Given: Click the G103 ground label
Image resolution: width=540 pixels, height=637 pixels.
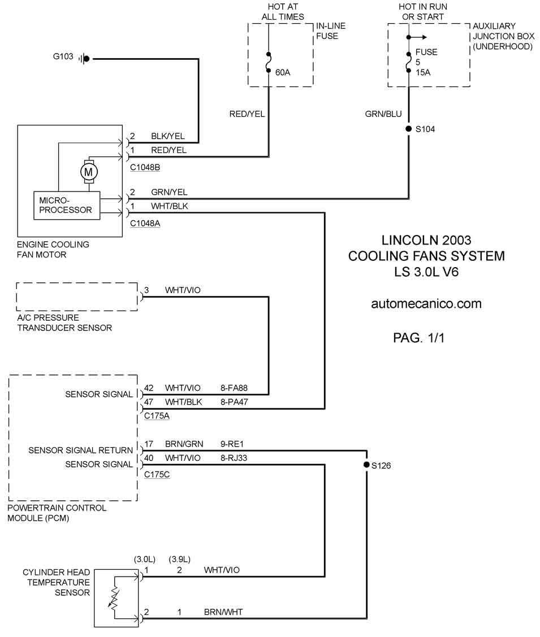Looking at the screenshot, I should [x=63, y=56].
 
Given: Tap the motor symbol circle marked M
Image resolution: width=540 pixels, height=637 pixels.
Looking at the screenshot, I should [x=88, y=171].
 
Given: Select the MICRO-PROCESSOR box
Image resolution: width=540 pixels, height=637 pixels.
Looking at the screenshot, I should [x=66, y=205].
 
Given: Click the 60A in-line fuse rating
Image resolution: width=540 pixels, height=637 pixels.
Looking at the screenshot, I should [x=282, y=72].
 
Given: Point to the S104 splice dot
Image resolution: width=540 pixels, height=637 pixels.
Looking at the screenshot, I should [x=408, y=129].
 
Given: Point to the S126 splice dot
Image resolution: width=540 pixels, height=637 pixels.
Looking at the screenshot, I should [x=366, y=466].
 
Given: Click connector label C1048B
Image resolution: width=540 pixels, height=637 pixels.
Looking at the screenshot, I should [x=145, y=168].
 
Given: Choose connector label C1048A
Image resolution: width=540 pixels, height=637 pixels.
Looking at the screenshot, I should [x=145, y=224].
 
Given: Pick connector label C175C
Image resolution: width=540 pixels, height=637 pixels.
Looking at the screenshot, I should [x=157, y=474].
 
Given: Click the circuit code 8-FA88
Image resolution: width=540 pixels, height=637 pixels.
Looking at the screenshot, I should [x=234, y=389].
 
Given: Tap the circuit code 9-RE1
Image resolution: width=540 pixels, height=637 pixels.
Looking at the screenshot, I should [x=231, y=444].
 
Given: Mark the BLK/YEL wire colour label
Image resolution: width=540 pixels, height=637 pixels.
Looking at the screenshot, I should [x=168, y=136].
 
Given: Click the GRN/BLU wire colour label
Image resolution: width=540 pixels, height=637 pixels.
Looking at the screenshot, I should [x=383, y=114].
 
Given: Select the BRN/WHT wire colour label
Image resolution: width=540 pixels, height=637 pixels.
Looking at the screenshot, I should [x=223, y=612].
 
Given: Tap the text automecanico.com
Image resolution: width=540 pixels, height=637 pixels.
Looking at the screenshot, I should [x=426, y=304].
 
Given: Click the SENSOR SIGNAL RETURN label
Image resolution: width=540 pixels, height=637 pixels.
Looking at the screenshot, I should [x=80, y=450].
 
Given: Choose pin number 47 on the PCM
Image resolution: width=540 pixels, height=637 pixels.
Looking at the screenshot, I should [x=149, y=402].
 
